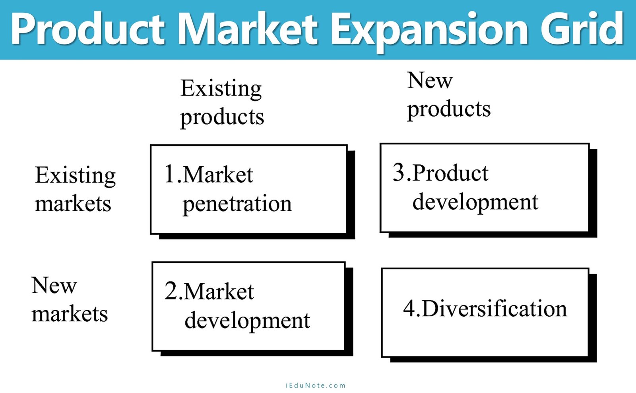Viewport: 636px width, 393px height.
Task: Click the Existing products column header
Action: pyautogui.click(x=222, y=103)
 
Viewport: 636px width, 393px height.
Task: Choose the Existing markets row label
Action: pyautogui.click(x=75, y=189)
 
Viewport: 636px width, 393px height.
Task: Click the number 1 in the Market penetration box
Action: pyautogui.click(x=169, y=174)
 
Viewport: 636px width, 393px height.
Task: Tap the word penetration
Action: pyautogui.click(x=237, y=204)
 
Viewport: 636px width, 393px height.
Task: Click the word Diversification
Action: pyautogui.click(x=494, y=309)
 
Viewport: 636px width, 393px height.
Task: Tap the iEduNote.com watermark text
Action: pyautogui.click(x=316, y=385)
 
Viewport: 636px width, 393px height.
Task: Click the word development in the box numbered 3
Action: pyautogui.click(x=475, y=202)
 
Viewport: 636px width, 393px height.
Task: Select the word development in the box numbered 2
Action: pyautogui.click(x=247, y=321)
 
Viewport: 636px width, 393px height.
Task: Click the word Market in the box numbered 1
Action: pyautogui.click(x=218, y=174)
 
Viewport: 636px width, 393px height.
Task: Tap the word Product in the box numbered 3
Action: pyautogui.click(x=450, y=173)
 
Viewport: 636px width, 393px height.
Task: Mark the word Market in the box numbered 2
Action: pyautogui.click(x=219, y=291)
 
